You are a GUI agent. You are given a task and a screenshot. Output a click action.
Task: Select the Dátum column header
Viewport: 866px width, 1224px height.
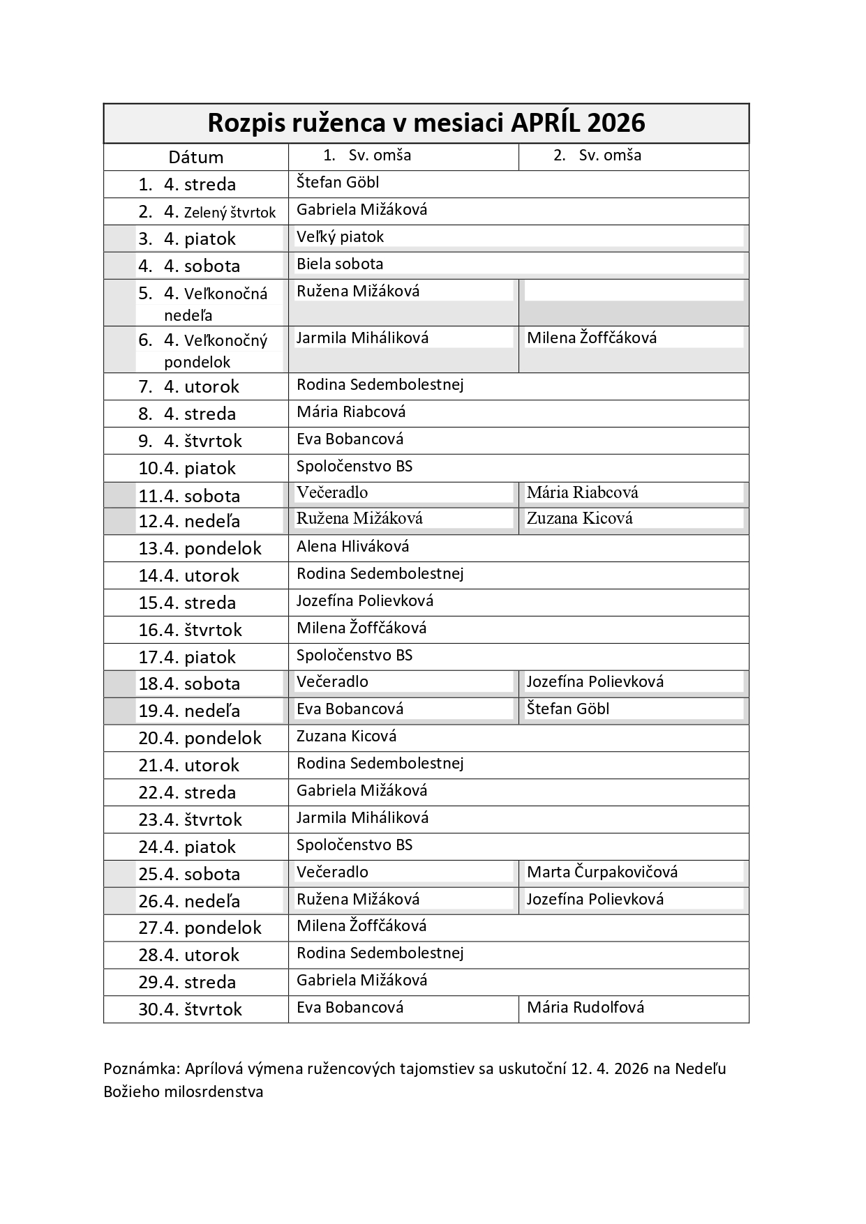point(195,157)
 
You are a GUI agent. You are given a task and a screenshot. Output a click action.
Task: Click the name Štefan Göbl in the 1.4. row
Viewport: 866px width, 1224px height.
point(338,183)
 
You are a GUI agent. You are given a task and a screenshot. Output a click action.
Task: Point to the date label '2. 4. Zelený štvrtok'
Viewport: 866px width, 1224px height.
point(207,212)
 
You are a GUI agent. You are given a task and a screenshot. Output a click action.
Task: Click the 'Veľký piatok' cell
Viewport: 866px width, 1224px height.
point(340,237)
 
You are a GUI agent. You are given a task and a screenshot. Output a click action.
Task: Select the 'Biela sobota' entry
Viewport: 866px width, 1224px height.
point(340,264)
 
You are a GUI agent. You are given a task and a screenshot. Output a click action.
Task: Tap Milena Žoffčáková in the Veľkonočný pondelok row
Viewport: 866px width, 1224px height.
point(592,338)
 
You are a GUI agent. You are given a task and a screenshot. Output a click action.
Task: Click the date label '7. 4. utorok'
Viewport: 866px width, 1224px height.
point(188,386)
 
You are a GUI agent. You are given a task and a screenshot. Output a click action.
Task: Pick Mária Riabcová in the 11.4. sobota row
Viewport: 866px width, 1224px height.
point(582,492)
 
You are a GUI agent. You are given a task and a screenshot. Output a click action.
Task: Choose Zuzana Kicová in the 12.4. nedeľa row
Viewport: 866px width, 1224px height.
point(579,518)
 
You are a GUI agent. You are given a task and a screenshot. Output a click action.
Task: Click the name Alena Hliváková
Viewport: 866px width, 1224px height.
point(352,547)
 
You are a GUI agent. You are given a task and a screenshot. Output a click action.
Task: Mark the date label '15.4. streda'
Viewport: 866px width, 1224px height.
point(187,603)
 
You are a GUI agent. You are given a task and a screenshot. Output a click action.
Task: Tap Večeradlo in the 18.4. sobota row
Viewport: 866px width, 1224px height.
point(332,681)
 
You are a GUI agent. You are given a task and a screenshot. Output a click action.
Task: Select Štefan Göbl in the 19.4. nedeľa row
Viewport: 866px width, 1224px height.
point(568,709)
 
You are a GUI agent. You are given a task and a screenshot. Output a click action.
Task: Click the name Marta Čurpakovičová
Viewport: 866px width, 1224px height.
point(602,872)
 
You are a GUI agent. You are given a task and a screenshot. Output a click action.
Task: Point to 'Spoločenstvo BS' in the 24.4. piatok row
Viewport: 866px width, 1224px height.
point(354,845)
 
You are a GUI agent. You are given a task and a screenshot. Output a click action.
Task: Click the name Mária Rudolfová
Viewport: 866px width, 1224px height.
point(585,1008)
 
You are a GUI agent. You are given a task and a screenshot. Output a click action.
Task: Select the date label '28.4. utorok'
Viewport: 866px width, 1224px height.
point(188,955)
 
